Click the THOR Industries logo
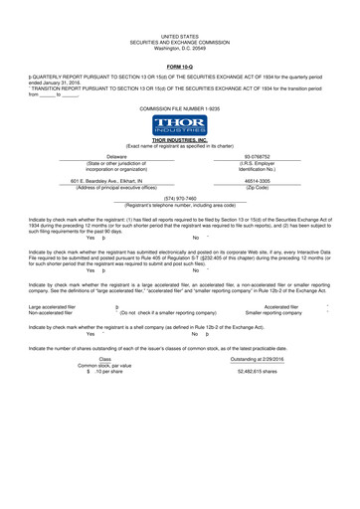pyautogui.click(x=179, y=125)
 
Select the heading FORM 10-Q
pyautogui.click(x=179, y=66)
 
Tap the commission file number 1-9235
pyautogui.click(x=179, y=105)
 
